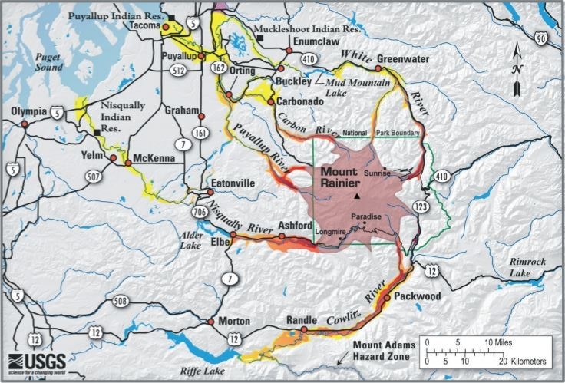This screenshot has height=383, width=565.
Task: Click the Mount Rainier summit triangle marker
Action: coord(357,198)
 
